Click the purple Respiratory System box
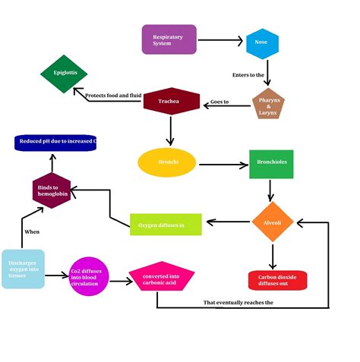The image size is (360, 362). [x=169, y=39]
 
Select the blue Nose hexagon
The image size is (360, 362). [x=261, y=42]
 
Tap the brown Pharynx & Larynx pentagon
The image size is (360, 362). [x=268, y=104]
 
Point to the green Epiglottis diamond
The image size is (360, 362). [x=65, y=74]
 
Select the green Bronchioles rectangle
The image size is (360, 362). [x=271, y=163]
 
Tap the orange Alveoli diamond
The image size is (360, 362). [x=272, y=222]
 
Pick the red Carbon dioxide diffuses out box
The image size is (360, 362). [x=277, y=280]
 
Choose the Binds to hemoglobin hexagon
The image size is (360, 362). [x=52, y=189]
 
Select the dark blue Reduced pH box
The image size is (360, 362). [x=56, y=142]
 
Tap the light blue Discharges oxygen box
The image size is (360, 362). [x=23, y=269]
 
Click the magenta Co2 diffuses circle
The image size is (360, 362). [x=90, y=277]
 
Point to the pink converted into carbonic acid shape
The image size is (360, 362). [x=160, y=278]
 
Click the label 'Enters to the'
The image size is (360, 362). [x=248, y=75]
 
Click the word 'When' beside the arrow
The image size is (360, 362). [x=31, y=231]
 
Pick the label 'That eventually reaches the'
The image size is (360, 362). [x=238, y=303]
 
